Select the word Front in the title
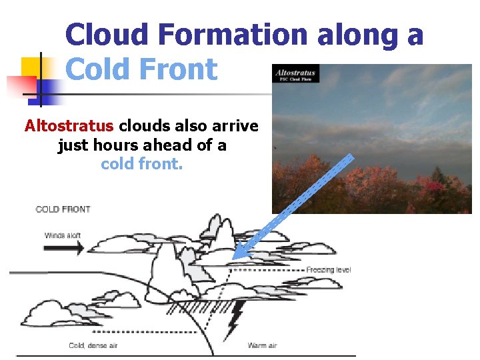point(181,69)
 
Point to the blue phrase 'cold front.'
point(141,163)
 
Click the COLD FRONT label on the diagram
point(63,209)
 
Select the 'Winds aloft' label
point(63,235)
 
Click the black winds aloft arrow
point(63,247)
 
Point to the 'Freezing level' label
point(328,270)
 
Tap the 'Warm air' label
point(262,345)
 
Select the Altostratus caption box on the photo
point(295,73)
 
